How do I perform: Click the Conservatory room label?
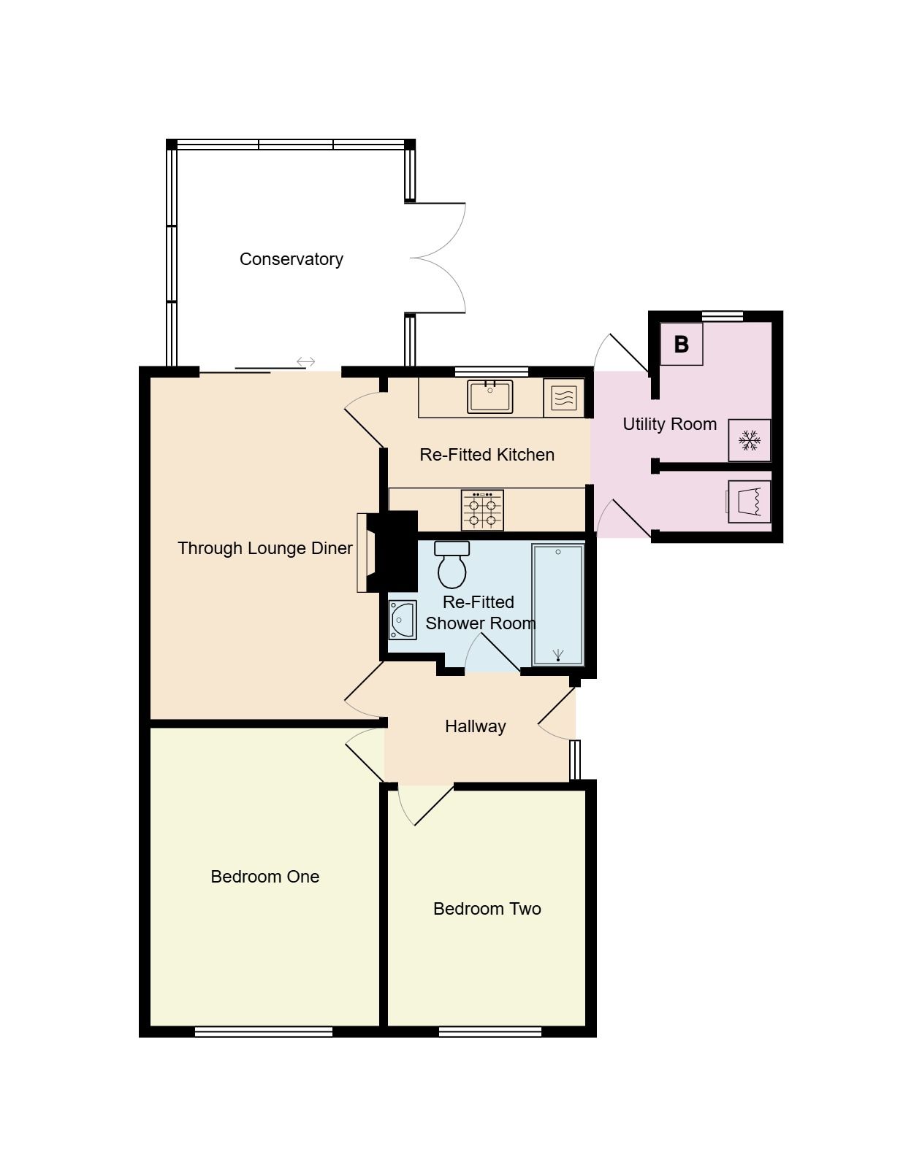tap(291, 259)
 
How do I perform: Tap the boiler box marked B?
tap(681, 344)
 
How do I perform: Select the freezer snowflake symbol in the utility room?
tap(750, 440)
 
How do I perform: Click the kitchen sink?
tap(490, 397)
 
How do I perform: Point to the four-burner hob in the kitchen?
tap(482, 510)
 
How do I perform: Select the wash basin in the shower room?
tap(402, 620)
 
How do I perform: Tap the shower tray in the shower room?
tap(558, 604)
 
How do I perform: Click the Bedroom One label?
tap(264, 877)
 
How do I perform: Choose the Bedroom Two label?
tap(487, 909)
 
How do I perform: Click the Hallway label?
tap(475, 726)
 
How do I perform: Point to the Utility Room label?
tap(669, 424)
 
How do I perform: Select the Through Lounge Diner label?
tap(264, 548)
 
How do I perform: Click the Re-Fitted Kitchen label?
tap(487, 455)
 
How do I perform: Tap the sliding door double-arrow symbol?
tap(306, 361)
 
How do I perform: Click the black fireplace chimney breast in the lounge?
tap(392, 551)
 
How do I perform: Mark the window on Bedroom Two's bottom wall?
tap(490, 1031)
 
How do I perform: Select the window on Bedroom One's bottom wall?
tap(264, 1031)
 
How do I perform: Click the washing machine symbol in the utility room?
tap(750, 501)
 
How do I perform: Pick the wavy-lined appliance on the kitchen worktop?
tap(564, 398)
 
